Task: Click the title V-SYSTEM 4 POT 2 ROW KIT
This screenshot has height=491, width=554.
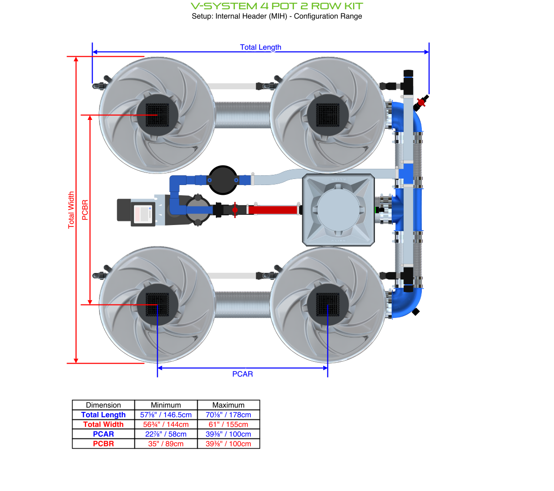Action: (277, 6)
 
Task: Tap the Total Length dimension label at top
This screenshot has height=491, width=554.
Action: (260, 47)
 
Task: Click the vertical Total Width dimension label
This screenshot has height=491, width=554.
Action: (71, 210)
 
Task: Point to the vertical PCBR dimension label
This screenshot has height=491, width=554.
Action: (85, 210)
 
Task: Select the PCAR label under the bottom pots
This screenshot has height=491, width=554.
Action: (242, 374)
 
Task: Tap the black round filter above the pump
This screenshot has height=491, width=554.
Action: (223, 179)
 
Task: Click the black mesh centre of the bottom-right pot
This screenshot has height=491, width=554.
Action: (328, 305)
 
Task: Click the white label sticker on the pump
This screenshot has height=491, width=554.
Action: (143, 214)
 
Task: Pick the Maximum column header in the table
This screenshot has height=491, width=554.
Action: (228, 405)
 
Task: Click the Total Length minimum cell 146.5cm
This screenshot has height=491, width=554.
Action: (166, 415)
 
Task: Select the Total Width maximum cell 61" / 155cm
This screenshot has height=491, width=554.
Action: (228, 425)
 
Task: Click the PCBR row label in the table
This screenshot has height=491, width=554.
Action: (103, 444)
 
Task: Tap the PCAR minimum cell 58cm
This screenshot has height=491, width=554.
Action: (166, 434)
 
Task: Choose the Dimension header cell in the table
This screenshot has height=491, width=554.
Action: (103, 405)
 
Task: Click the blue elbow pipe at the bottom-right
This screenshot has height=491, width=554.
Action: (406, 303)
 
